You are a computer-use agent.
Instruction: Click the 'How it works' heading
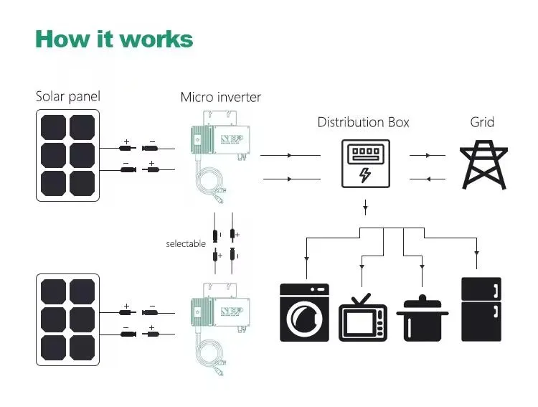point(114,39)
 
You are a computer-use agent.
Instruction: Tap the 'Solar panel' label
point(69,96)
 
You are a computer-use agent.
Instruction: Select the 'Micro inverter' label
point(220,97)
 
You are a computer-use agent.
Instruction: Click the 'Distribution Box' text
point(363,122)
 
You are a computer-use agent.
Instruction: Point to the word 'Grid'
point(482,122)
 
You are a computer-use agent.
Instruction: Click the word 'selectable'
point(186,244)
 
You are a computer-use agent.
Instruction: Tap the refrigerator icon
point(481,309)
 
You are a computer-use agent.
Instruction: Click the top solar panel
point(66,155)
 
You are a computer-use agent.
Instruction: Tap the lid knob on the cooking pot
point(423,296)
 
